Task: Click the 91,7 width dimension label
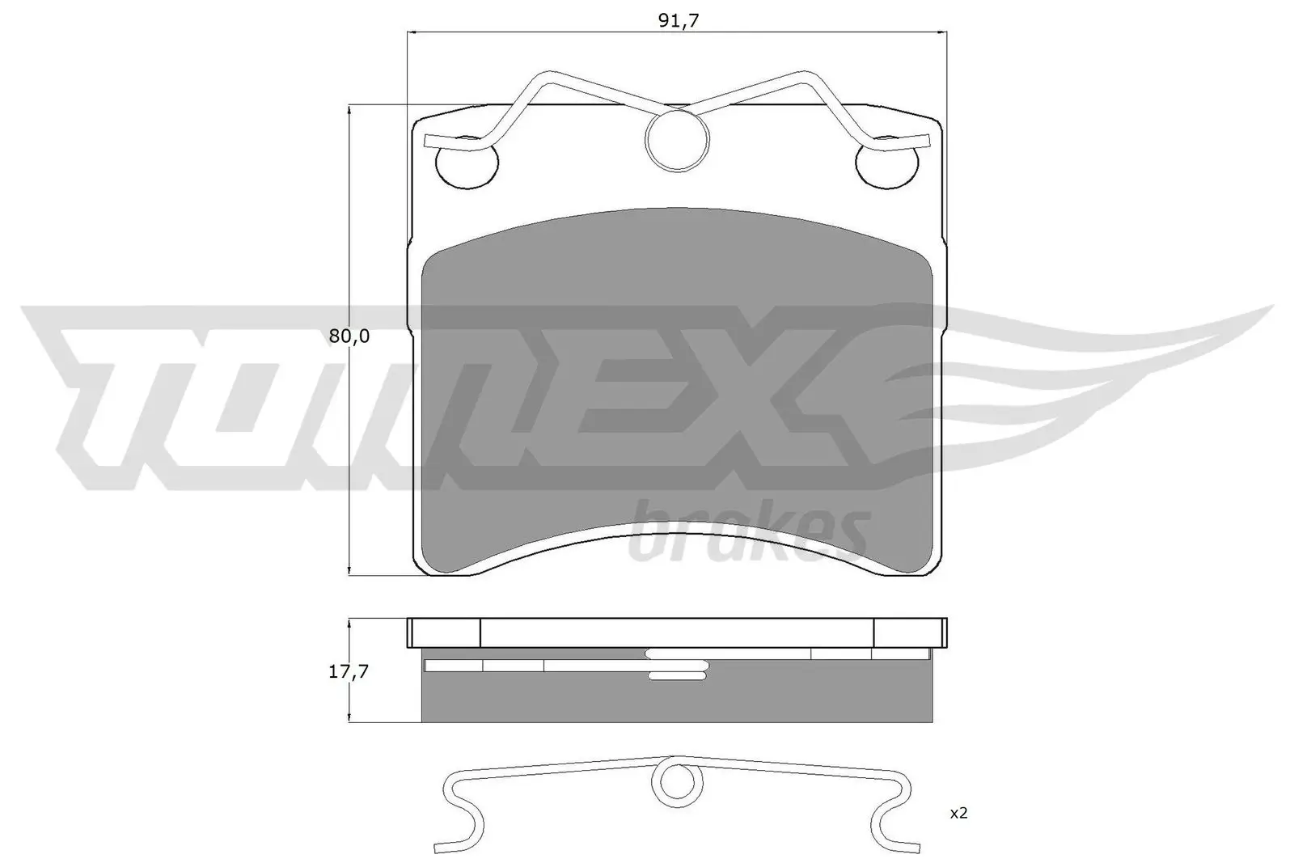[678, 22]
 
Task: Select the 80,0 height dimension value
[349, 336]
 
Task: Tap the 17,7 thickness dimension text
[349, 671]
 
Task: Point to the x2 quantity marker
[958, 813]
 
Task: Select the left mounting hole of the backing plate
[467, 164]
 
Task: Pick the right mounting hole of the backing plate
[887, 164]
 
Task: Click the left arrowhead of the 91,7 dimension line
[409, 32]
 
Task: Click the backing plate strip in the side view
[677, 632]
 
